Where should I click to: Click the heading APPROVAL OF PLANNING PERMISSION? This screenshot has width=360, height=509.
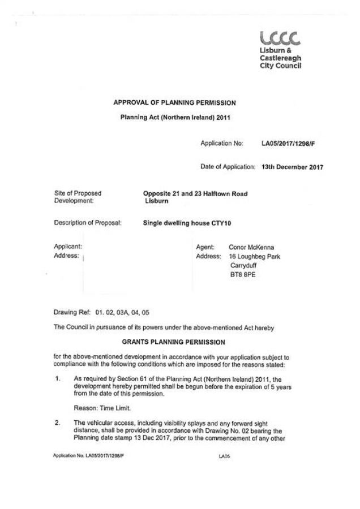174,103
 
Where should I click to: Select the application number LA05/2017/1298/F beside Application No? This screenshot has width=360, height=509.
288,144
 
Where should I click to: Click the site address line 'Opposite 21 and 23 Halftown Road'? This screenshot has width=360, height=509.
196,194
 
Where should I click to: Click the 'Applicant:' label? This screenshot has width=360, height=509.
68,247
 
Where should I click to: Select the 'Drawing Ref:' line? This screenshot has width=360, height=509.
101,312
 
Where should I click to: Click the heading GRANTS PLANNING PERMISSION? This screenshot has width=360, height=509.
174,342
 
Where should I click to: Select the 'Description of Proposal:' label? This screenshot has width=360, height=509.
88,223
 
